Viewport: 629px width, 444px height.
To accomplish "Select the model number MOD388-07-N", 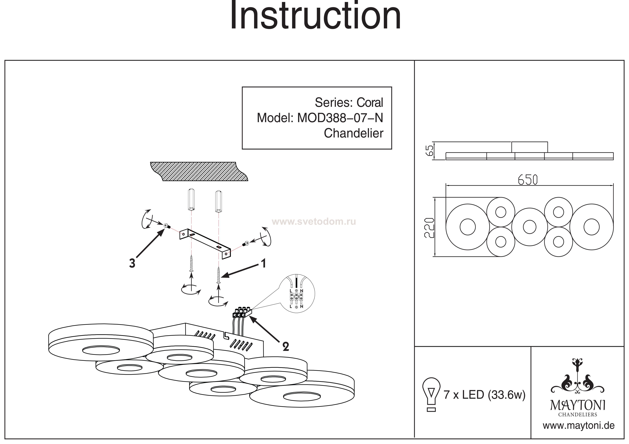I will tap(340, 118).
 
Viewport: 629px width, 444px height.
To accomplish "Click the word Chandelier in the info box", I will tap(353, 134).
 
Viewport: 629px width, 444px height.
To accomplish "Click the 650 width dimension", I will tap(528, 180).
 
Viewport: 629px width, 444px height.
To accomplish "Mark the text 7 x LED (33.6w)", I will tap(484, 395).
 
